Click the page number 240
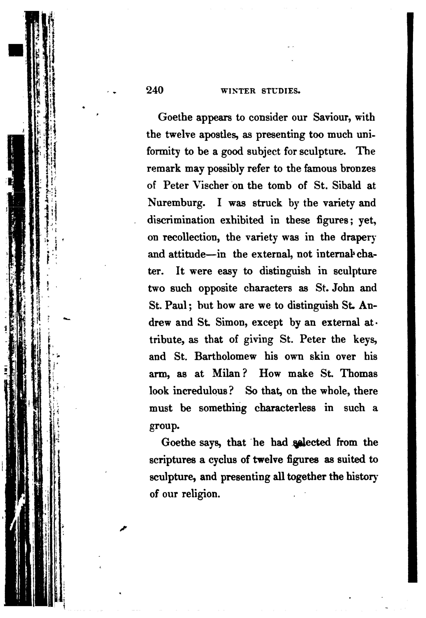click(155, 91)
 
